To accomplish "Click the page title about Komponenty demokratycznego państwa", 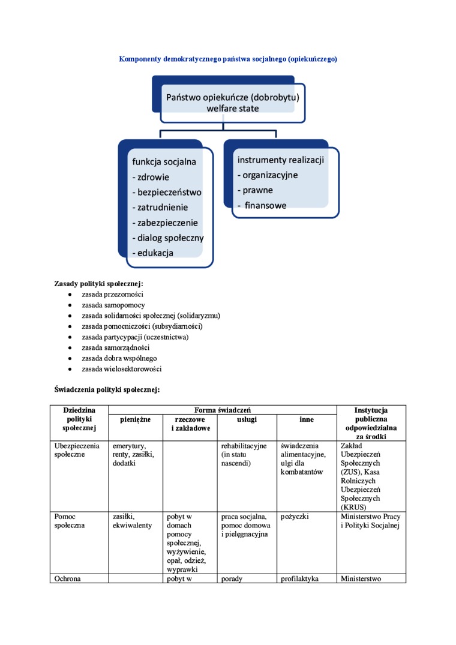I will pyautogui.click(x=228, y=59).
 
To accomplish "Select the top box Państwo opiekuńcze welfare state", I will pyautogui.click(x=232, y=102).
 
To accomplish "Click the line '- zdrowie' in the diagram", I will pyautogui.click(x=151, y=177).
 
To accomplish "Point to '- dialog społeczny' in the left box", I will pyautogui.click(x=168, y=238).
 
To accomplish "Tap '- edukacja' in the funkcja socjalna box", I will pyautogui.click(x=153, y=253).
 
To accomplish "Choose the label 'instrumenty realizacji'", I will pyautogui.click(x=280, y=160).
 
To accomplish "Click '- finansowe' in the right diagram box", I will pyautogui.click(x=262, y=205).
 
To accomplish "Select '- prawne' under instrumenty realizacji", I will pyautogui.click(x=256, y=190).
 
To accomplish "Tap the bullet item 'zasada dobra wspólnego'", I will pyautogui.click(x=119, y=358).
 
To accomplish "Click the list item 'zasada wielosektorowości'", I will pyautogui.click(x=122, y=369).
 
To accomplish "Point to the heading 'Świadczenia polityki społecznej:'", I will pyautogui.click(x=107, y=389).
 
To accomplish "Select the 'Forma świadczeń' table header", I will pyautogui.click(x=222, y=410).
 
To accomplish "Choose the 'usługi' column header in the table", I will pyautogui.click(x=247, y=419).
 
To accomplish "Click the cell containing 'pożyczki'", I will pyautogui.click(x=295, y=516).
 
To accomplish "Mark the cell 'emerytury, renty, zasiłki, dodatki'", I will pyautogui.click(x=133, y=455).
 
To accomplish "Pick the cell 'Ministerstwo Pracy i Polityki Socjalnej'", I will pyautogui.click(x=370, y=521).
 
